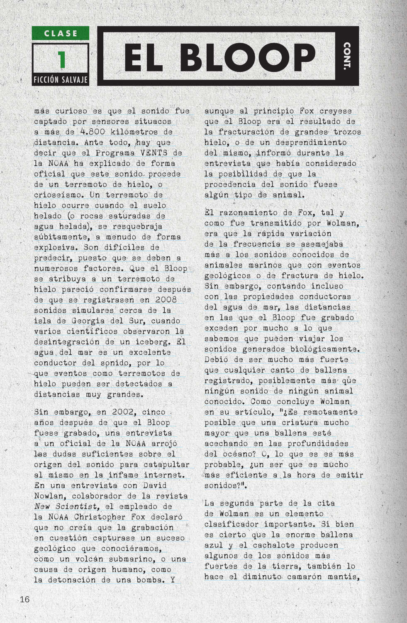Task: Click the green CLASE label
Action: click(61, 33)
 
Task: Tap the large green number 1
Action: click(61, 59)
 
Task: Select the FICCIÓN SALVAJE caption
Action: click(61, 79)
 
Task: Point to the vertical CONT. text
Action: click(347, 56)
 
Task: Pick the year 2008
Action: click(166, 299)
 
